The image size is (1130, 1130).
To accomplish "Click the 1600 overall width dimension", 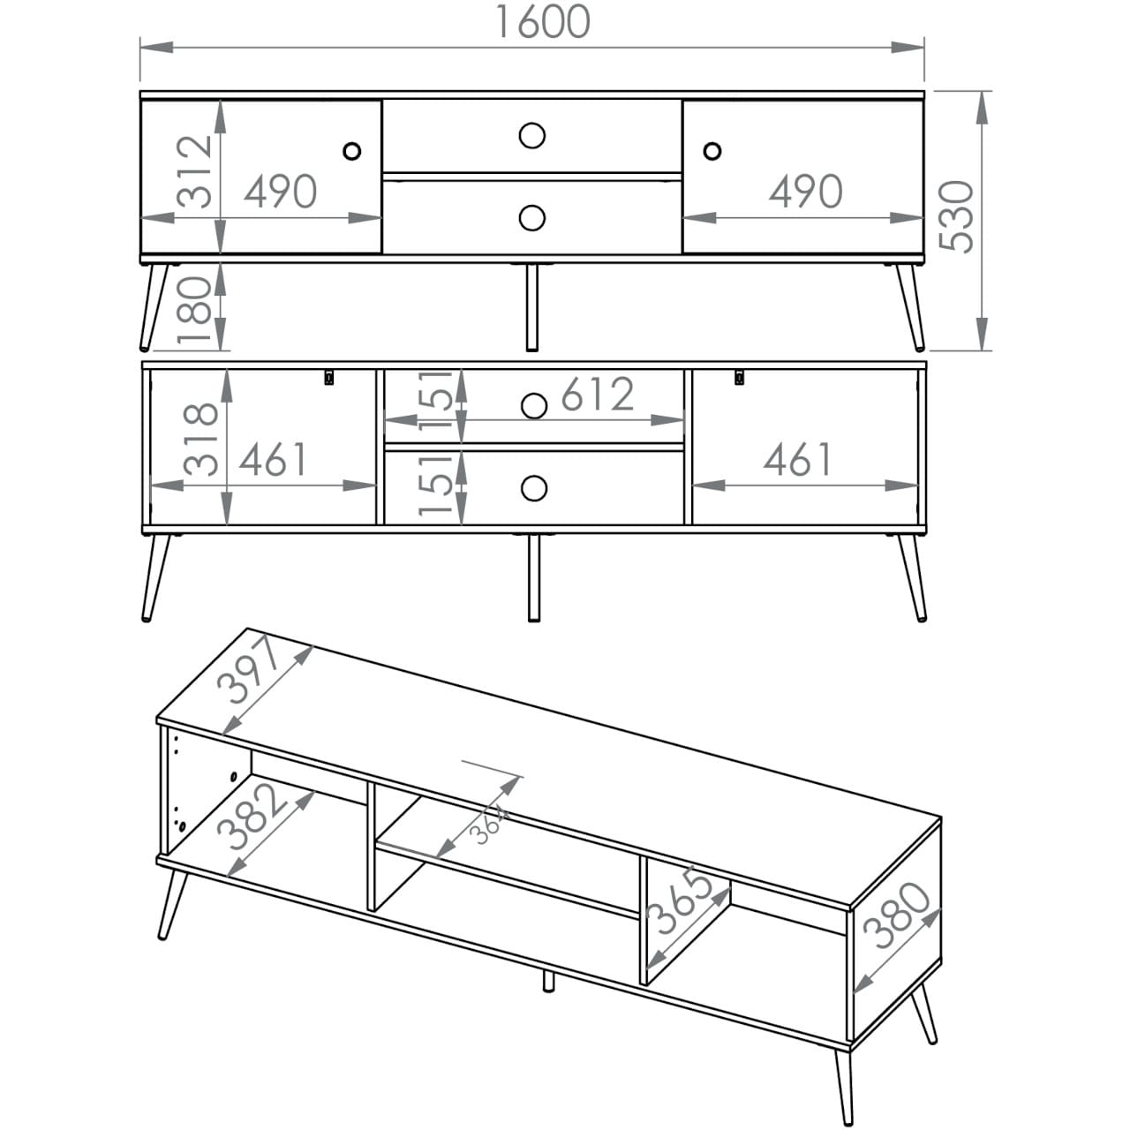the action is point(543,22).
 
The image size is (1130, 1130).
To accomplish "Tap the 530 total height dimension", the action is point(956,216).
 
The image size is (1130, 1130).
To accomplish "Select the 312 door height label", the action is point(194,172).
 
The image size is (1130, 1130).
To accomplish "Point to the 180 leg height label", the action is point(194,310).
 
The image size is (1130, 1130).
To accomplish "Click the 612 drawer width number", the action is point(598,394).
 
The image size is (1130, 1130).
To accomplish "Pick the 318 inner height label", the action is point(200,440).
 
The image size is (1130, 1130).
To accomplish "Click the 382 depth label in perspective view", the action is point(249,817).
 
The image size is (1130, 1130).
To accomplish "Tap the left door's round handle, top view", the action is point(352,151).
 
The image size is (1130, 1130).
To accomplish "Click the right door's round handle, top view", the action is point(712,151).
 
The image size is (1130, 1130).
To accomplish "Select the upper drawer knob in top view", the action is point(531,135).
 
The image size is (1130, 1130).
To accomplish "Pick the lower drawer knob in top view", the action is point(531,217).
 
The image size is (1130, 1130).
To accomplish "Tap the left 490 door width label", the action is point(281,192).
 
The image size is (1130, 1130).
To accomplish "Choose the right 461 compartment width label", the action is point(797,459).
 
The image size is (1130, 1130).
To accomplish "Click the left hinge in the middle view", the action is point(329,376).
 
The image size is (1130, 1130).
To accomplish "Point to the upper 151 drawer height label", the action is point(436,399).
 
